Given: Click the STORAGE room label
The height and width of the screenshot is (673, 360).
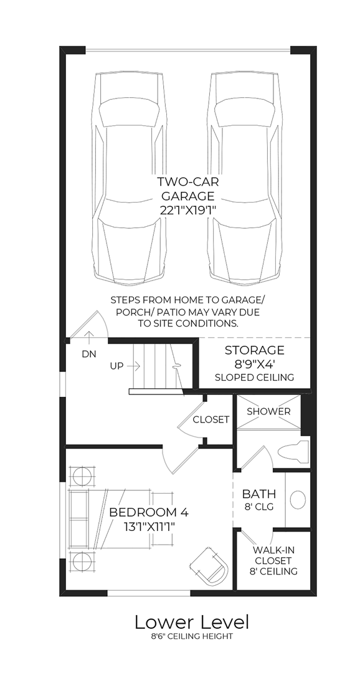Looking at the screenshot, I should (254, 350).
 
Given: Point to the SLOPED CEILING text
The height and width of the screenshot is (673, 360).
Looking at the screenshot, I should (254, 378).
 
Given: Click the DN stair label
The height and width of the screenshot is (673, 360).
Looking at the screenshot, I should (89, 353).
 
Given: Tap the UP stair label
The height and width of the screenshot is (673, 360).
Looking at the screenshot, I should (116, 366).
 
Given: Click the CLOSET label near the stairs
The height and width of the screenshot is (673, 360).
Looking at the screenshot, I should (211, 419).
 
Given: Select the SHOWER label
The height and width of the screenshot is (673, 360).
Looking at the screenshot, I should (268, 411).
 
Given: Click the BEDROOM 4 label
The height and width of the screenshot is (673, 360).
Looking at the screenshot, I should (148, 512).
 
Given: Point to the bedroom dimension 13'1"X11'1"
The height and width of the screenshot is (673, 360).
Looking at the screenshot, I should (148, 527).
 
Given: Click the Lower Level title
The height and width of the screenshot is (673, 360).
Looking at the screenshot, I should (192, 621).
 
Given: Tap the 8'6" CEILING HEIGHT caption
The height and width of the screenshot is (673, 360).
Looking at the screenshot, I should (192, 636).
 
